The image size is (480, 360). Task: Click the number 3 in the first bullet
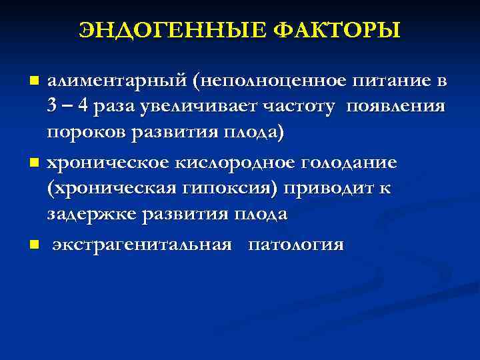tap(51, 107)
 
